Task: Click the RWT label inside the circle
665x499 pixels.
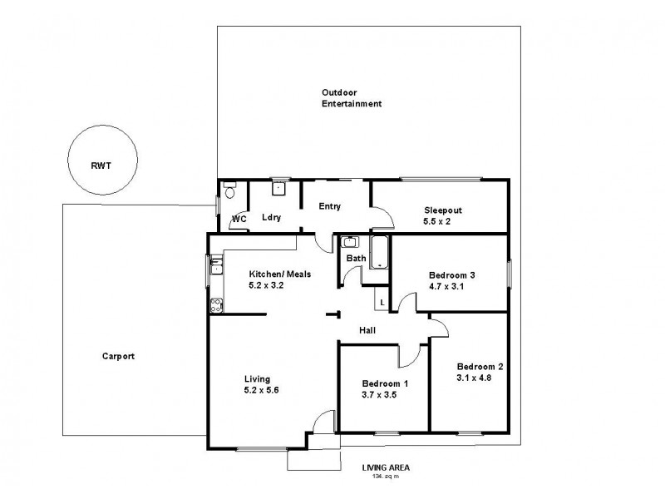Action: click(102, 166)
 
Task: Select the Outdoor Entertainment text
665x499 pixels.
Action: click(352, 98)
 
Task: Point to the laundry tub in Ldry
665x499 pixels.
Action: click(280, 188)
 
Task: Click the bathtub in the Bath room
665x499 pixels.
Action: click(378, 252)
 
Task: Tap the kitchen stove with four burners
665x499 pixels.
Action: click(215, 304)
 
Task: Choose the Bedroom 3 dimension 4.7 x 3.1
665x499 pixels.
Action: click(451, 286)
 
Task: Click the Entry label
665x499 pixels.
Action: click(330, 206)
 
